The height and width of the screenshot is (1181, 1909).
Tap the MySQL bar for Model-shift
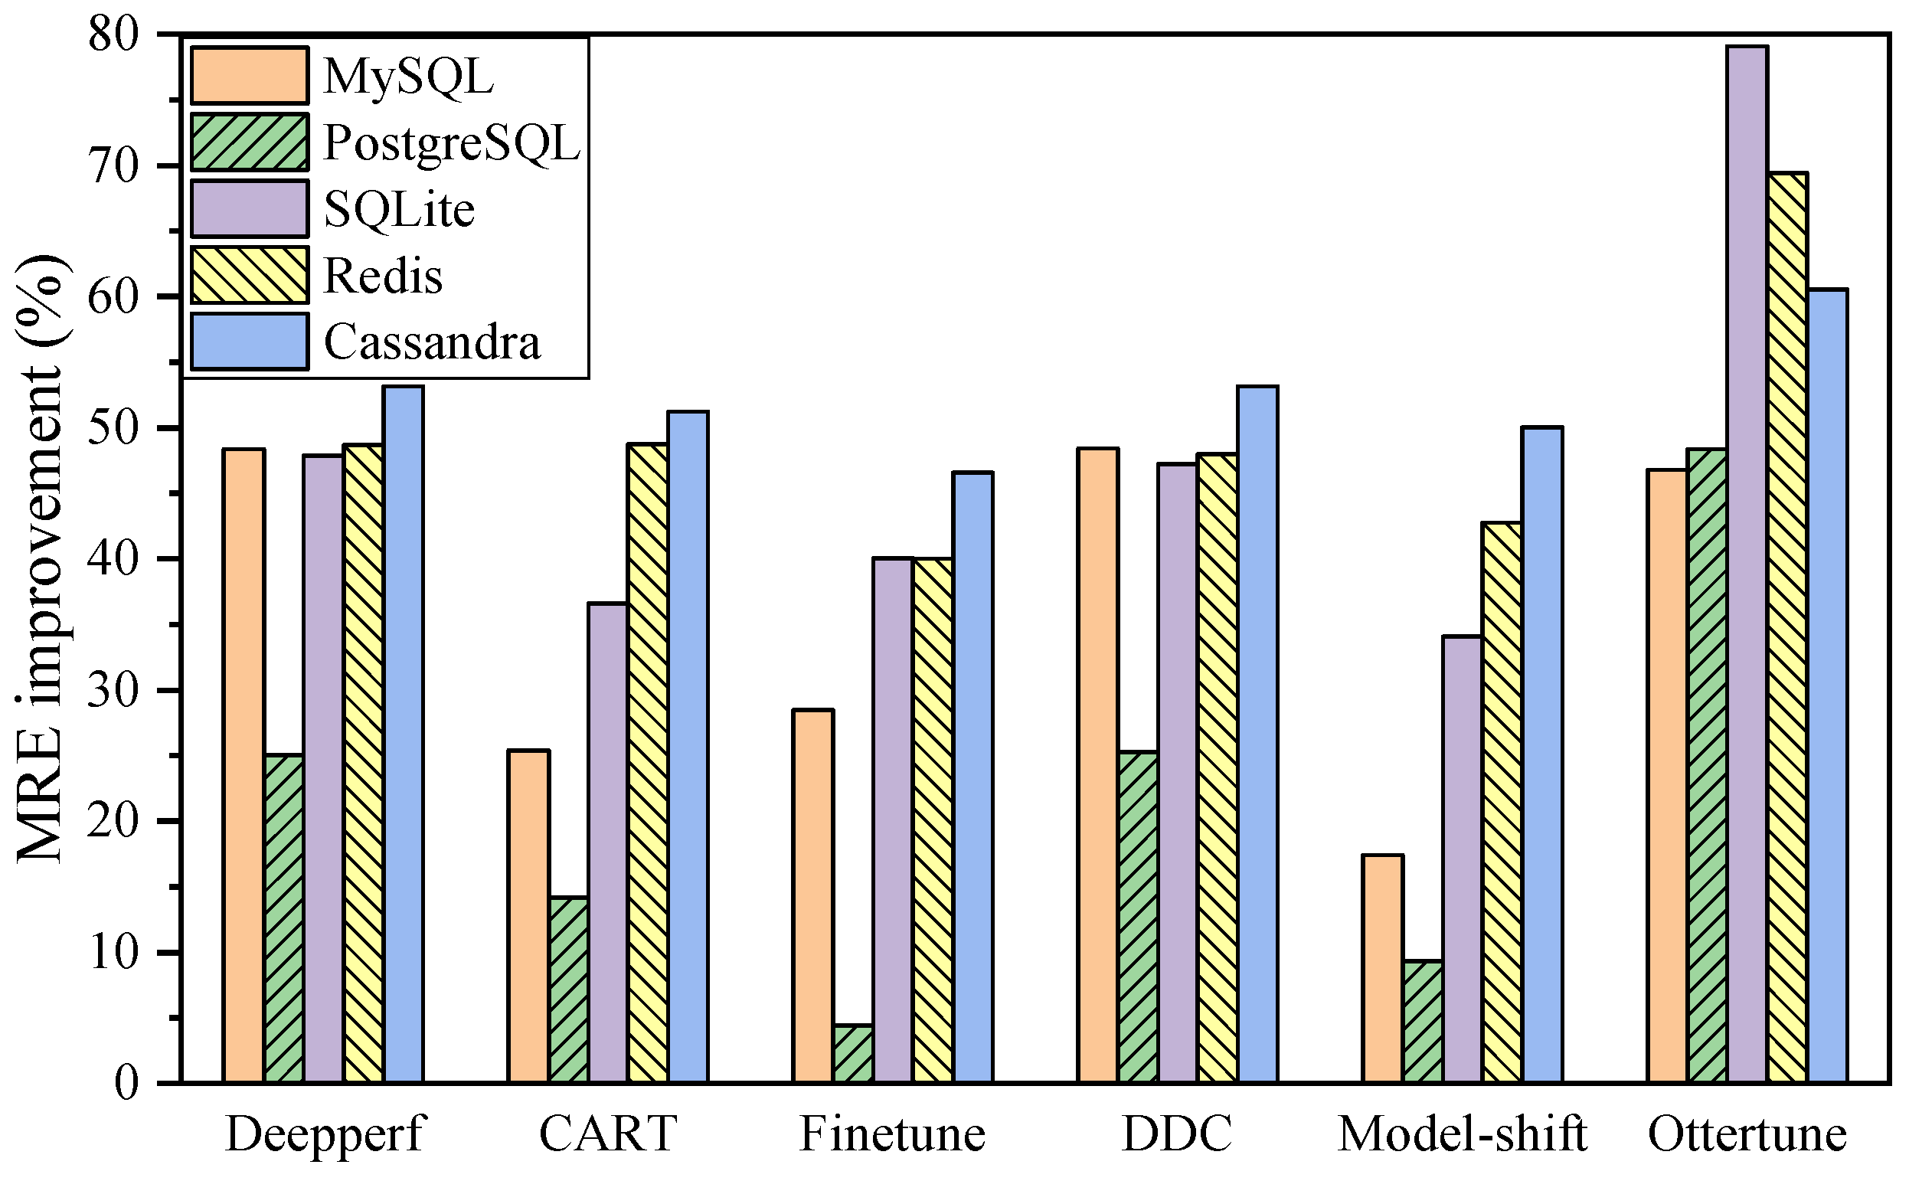coord(1383,969)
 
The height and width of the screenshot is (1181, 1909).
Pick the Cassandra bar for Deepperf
coord(403,734)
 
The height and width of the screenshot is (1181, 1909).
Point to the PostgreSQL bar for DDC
coord(1138,917)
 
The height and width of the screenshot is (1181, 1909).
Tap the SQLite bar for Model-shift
coord(1463,859)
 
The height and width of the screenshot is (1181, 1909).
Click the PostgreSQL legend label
coord(452,143)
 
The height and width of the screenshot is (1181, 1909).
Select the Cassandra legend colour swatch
coord(249,342)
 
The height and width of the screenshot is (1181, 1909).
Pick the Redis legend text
coord(383,276)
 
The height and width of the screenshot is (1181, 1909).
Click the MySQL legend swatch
coord(249,76)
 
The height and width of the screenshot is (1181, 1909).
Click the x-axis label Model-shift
coord(1462,1134)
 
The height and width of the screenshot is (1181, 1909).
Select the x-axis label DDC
coord(1177,1134)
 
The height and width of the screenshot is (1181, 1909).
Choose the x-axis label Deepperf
coord(323,1134)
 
